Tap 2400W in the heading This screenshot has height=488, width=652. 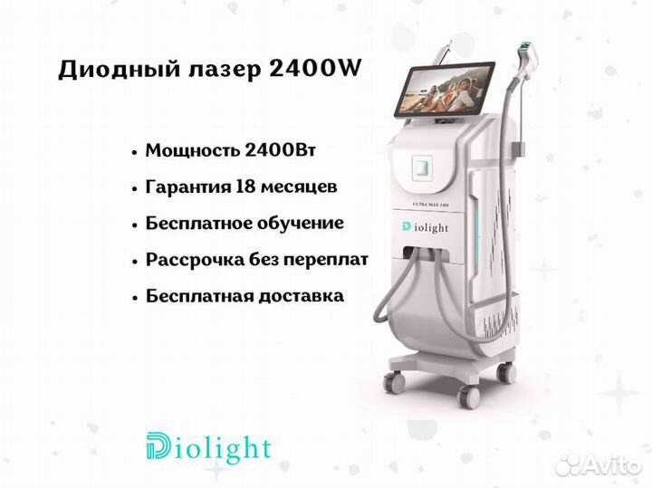[x=315, y=68]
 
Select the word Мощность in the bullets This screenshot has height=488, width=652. [x=192, y=150]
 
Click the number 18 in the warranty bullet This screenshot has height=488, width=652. [x=244, y=187]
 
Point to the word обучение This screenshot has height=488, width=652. [x=300, y=224]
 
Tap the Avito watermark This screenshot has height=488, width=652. [x=598, y=465]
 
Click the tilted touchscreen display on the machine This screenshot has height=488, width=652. [x=444, y=89]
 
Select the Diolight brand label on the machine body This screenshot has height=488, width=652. [x=425, y=227]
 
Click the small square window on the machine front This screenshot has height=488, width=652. [x=422, y=167]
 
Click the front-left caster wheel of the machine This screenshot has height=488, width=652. [x=394, y=381]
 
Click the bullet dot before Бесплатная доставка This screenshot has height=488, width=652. [x=134, y=298]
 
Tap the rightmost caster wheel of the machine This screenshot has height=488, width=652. [x=507, y=371]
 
